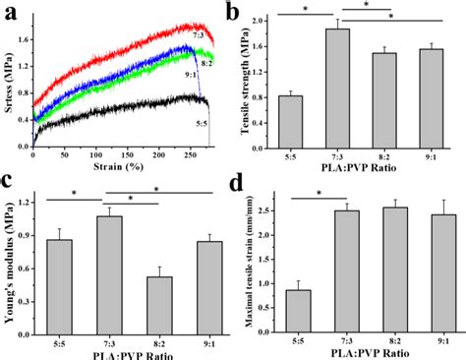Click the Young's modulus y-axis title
[11, 261]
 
